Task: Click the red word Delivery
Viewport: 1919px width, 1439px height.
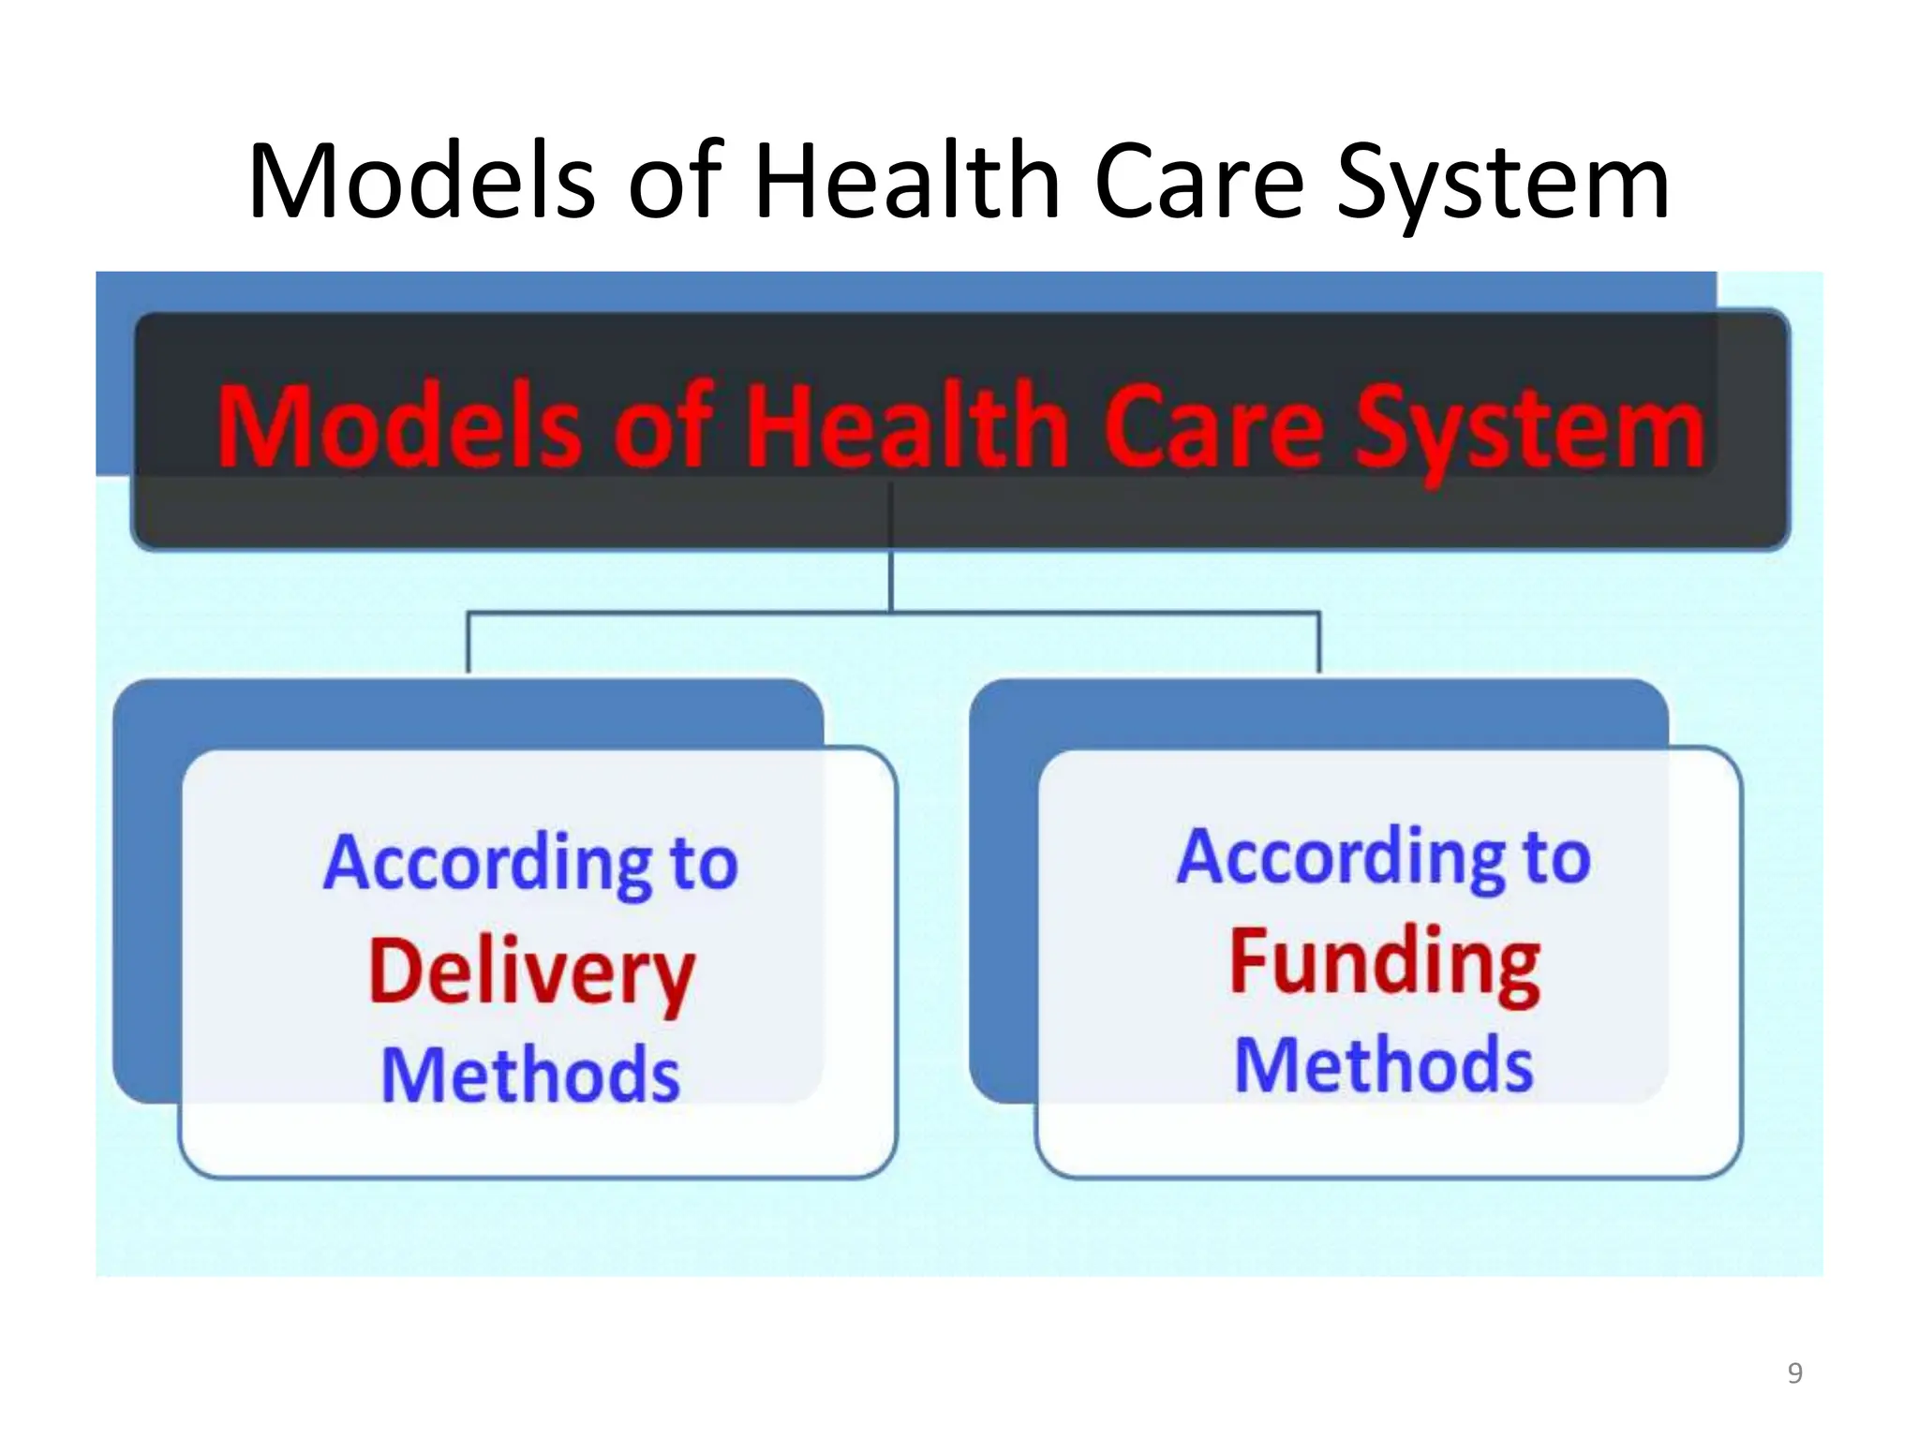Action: (531, 974)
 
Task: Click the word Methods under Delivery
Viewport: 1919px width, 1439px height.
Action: (530, 1075)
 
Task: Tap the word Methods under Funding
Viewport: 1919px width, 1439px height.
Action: (1383, 1065)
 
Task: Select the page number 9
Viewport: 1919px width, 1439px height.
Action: (1794, 1373)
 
